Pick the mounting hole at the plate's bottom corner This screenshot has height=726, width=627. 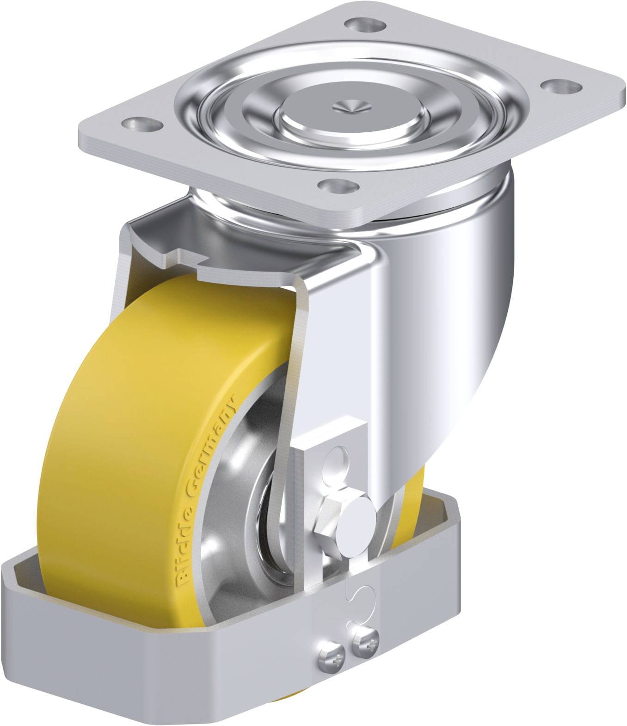click(340, 186)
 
